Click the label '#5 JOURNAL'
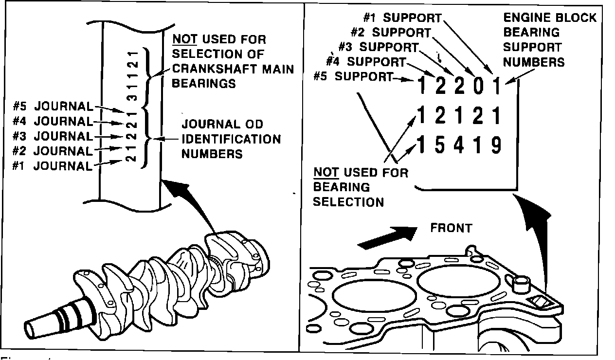pyautogui.click(x=53, y=106)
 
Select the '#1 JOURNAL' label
pyautogui.click(x=53, y=166)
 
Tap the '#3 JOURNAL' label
pyautogui.click(x=53, y=136)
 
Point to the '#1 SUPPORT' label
pyautogui.click(x=402, y=18)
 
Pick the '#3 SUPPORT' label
pyautogui.click(x=378, y=47)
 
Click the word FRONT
pyautogui.click(x=451, y=227)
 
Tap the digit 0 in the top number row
pyautogui.click(x=479, y=86)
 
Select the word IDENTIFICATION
pyautogui.click(x=231, y=140)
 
